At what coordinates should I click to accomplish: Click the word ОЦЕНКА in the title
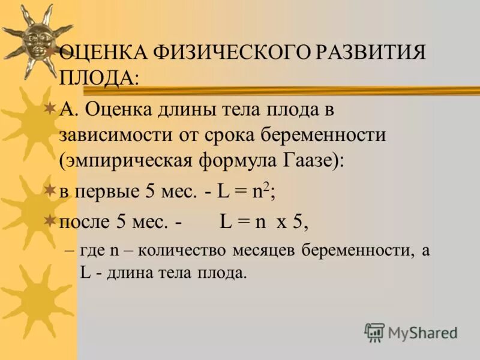(103, 53)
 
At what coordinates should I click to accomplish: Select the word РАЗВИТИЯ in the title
(370, 53)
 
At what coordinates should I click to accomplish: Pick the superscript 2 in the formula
(269, 186)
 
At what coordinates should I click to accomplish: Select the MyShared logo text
(422, 332)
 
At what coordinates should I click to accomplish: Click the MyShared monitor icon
(374, 332)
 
